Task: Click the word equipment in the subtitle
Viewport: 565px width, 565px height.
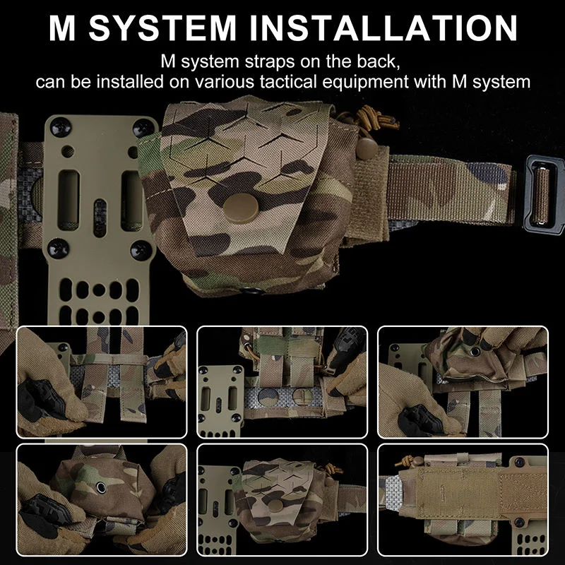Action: pos(411,82)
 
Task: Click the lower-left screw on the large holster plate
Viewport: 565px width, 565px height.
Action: pos(59,248)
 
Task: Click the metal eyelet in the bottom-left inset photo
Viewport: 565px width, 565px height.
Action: pos(97,487)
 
